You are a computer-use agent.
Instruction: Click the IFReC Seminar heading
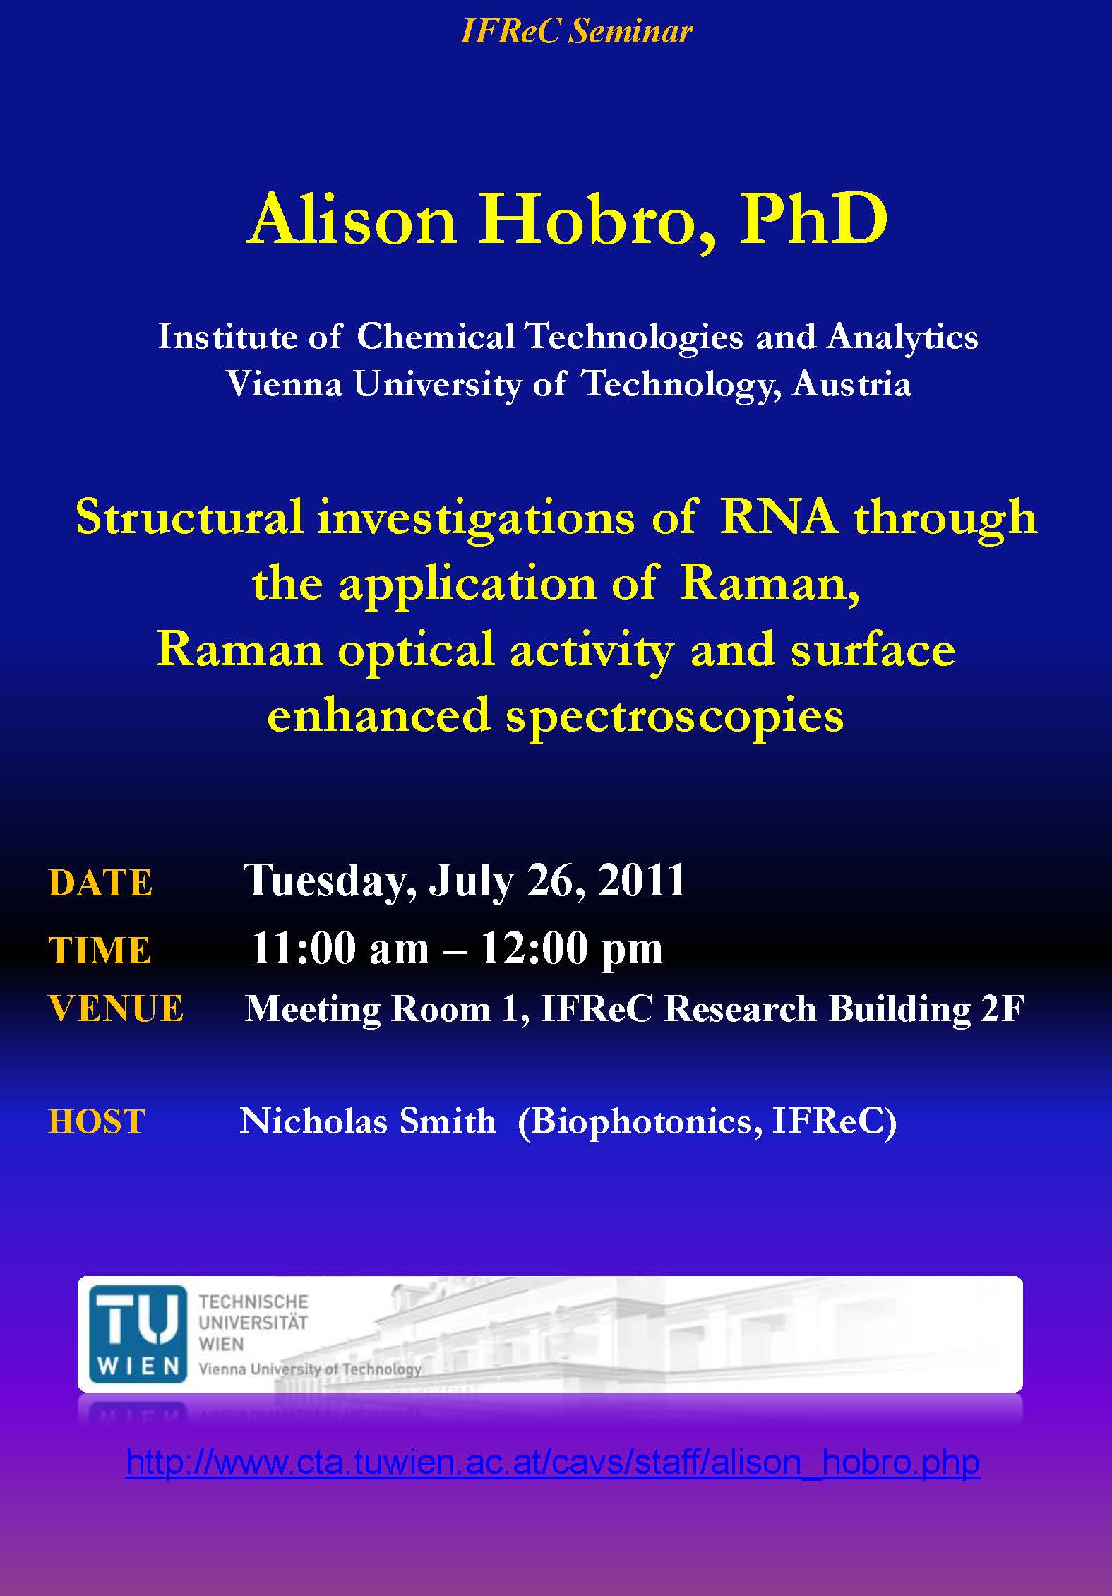(x=576, y=32)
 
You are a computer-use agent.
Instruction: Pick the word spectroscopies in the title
(x=675, y=715)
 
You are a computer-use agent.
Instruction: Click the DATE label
(x=100, y=883)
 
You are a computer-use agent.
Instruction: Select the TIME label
(x=100, y=949)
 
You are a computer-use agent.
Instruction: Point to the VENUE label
(x=116, y=1008)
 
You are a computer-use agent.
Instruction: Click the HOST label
(x=97, y=1121)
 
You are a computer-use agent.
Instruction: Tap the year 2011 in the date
(x=642, y=880)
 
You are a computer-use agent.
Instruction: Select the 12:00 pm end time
(x=571, y=948)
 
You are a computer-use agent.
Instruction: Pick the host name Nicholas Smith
(x=368, y=1120)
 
